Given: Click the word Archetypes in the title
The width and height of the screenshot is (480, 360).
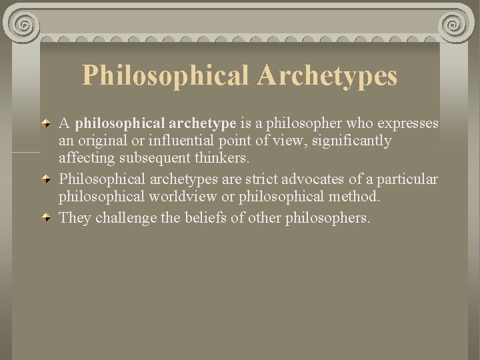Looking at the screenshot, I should coord(327,75).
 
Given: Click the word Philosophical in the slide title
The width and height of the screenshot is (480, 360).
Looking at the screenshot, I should coord(166,75).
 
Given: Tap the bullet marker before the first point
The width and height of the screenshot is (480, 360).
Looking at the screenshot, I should coord(45,124).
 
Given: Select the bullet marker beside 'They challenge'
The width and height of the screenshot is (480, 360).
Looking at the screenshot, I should coord(45,217).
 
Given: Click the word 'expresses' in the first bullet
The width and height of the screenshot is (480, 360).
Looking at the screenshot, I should coord(407,124).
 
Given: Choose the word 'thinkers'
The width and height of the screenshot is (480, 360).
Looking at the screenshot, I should coord(219,159).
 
